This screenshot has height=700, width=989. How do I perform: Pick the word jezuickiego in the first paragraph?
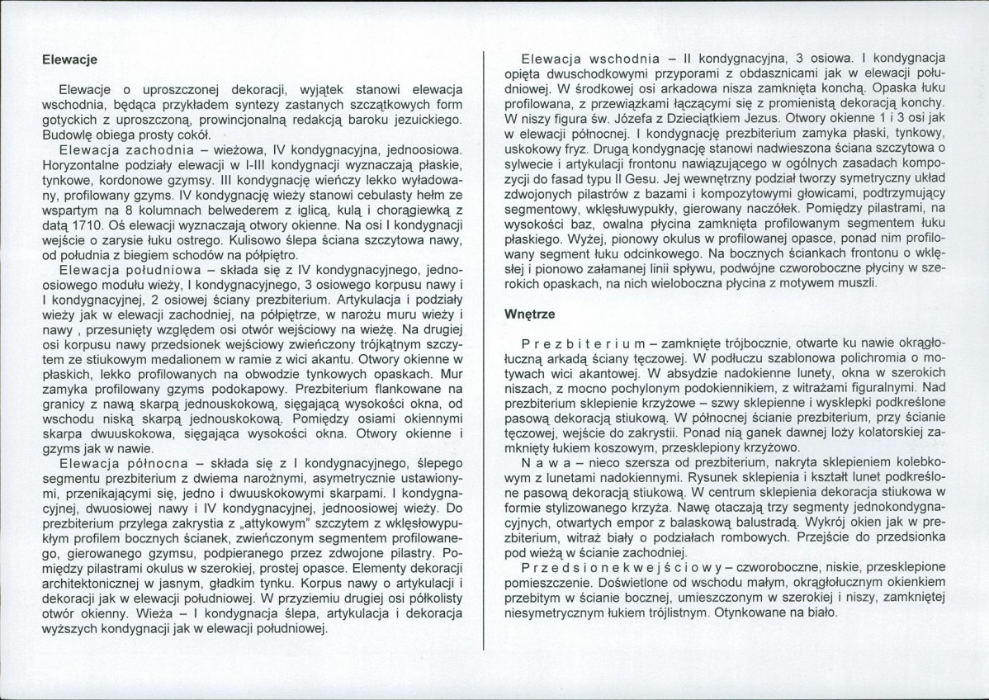pyautogui.click(x=428, y=121)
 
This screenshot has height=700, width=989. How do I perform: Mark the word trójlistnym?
pyautogui.click(x=668, y=613)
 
